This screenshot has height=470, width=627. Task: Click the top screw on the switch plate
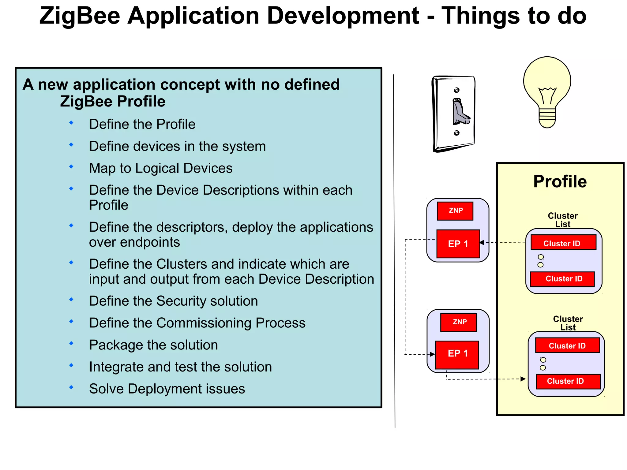click(x=456, y=90)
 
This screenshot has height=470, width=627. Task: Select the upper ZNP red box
click(x=455, y=211)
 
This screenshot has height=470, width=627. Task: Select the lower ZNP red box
click(x=458, y=322)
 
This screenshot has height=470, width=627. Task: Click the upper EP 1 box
click(x=458, y=244)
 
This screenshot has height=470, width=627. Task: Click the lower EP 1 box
click(x=457, y=354)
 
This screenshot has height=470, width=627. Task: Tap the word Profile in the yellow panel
click(x=560, y=181)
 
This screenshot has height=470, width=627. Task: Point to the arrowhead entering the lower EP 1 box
click(x=432, y=354)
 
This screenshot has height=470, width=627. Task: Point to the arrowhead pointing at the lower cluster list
click(x=523, y=379)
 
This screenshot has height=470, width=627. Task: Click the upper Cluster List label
click(x=563, y=220)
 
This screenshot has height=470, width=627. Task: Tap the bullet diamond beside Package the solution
click(x=71, y=343)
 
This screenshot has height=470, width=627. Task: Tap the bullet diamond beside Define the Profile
click(x=71, y=123)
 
